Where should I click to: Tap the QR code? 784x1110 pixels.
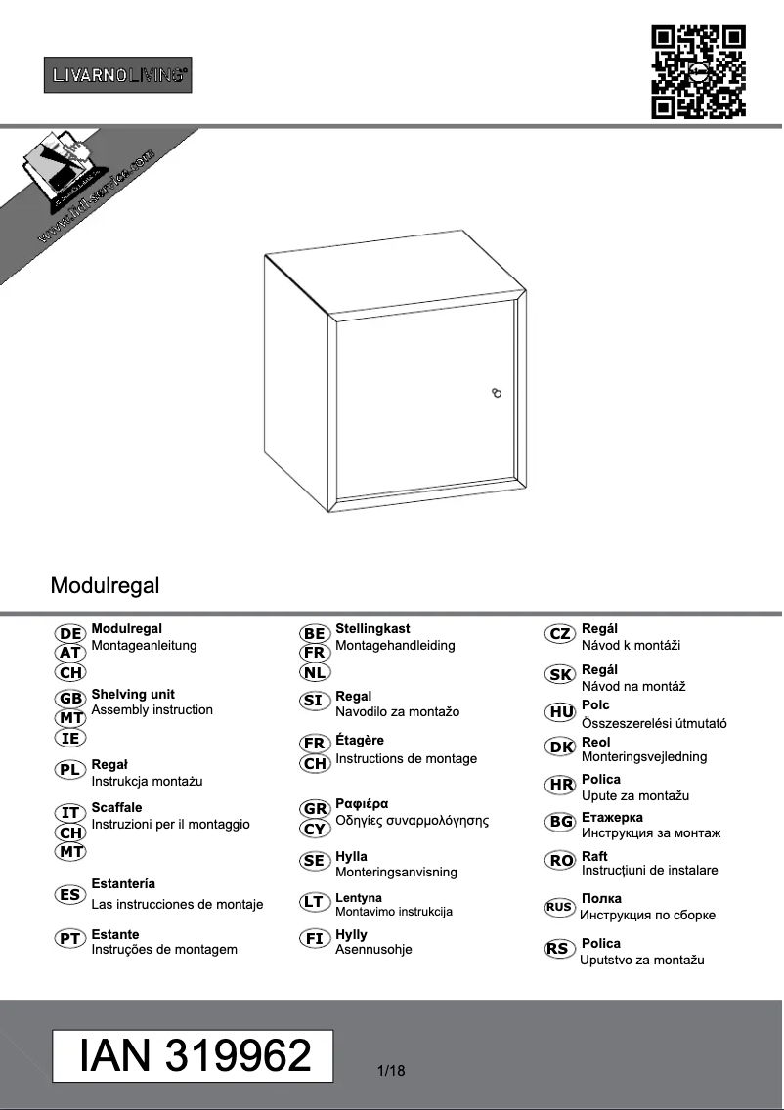(x=698, y=72)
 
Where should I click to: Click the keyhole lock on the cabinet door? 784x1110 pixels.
(x=497, y=393)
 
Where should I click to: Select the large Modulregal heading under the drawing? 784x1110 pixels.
(x=105, y=586)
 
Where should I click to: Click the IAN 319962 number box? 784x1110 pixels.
(x=194, y=1056)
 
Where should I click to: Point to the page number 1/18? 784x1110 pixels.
(x=391, y=1071)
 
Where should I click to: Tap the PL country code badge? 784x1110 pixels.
(x=71, y=769)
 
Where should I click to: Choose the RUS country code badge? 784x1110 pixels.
(x=559, y=907)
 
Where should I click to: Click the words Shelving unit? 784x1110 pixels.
(x=133, y=694)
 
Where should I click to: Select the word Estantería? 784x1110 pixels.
(x=123, y=884)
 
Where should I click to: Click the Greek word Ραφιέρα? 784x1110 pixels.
(x=362, y=803)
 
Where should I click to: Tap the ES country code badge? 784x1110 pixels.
(x=71, y=894)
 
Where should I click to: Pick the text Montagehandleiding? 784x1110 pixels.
(x=395, y=645)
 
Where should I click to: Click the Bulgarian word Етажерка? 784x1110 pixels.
(x=613, y=817)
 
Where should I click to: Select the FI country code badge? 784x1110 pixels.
(x=315, y=939)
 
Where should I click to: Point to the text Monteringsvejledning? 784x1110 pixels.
(x=644, y=756)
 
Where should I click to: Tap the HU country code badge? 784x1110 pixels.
(x=561, y=712)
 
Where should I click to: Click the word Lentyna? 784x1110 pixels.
(x=359, y=897)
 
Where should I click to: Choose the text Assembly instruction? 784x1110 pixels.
(x=152, y=709)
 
